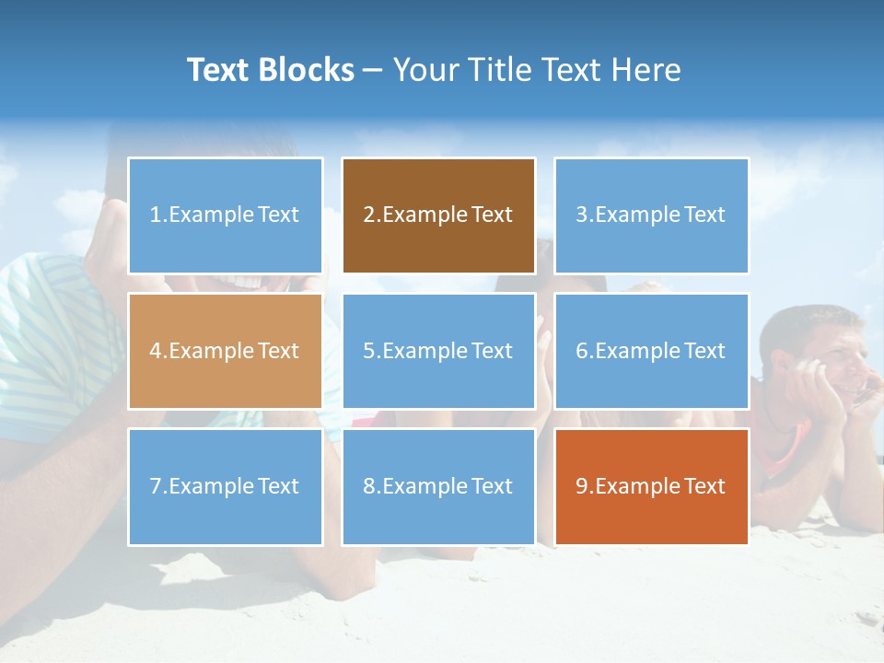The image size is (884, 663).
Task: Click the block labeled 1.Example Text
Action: (x=225, y=215)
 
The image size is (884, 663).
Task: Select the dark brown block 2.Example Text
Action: (x=438, y=215)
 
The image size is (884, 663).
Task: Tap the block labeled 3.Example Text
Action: (x=651, y=215)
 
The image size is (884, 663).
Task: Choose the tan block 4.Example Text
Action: (x=225, y=351)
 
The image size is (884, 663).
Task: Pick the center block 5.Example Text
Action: (x=438, y=351)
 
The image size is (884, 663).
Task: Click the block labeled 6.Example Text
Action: (x=651, y=351)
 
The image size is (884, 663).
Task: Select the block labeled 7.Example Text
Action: (x=225, y=486)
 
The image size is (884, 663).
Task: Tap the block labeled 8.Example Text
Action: (x=438, y=486)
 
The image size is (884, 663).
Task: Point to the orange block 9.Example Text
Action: (x=651, y=486)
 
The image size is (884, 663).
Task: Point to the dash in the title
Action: (x=373, y=71)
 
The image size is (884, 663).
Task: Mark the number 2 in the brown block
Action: (x=368, y=215)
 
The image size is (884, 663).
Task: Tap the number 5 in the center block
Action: (x=368, y=351)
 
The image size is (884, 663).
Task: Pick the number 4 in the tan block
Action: (x=156, y=351)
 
